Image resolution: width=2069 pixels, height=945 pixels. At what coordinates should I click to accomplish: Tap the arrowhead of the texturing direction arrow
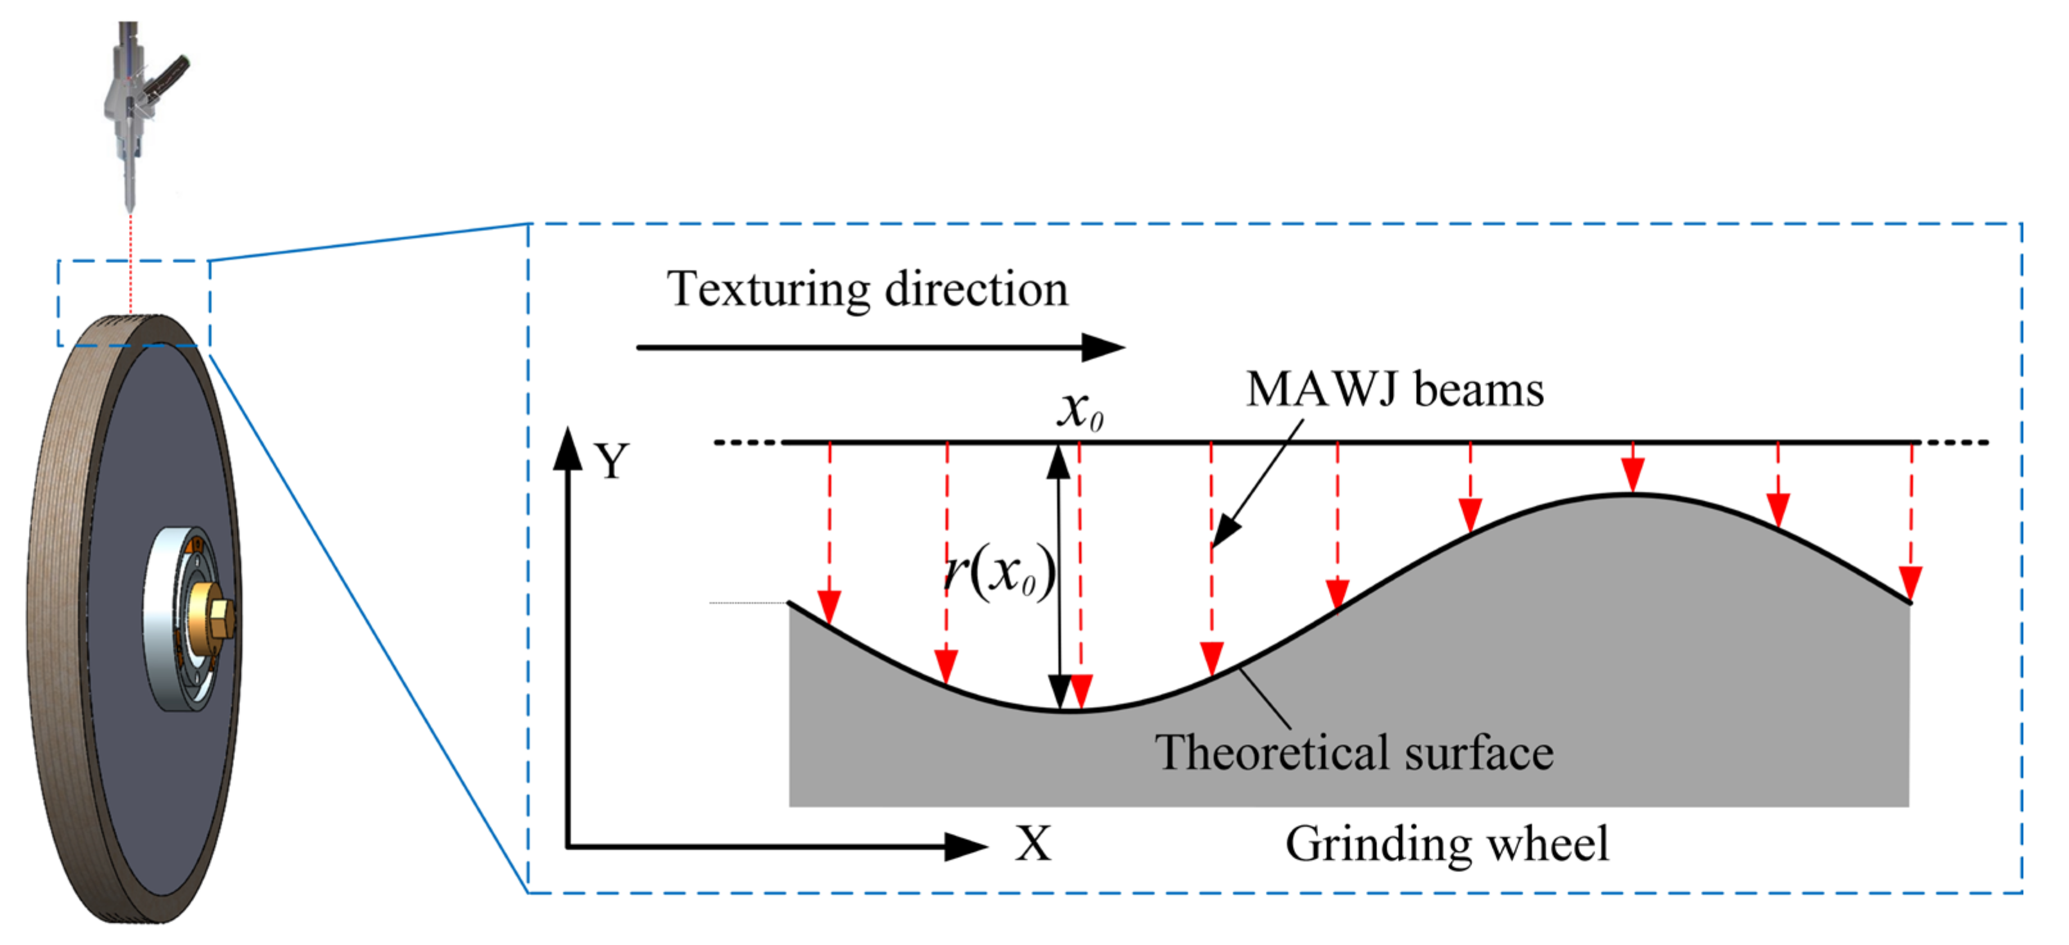1104,348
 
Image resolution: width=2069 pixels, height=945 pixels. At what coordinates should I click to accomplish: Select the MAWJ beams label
1394,390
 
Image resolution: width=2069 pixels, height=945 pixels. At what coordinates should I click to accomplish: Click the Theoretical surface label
1354,753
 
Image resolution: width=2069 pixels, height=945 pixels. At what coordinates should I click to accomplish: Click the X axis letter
1032,845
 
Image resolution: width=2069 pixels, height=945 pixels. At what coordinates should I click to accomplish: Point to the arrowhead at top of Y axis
568,448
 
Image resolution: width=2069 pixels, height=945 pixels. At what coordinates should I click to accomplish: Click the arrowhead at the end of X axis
966,846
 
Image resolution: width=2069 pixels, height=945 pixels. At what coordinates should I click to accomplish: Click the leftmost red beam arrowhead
829,606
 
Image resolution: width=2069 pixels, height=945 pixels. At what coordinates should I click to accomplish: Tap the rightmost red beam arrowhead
1911,582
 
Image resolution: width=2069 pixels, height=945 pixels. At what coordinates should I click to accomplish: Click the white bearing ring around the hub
164,618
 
